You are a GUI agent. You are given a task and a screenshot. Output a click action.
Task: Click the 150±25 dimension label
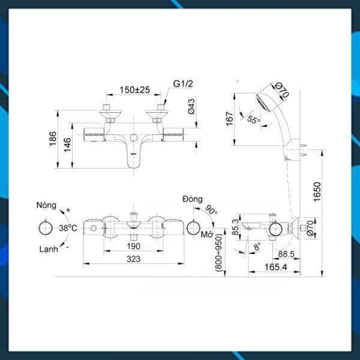click(134, 89)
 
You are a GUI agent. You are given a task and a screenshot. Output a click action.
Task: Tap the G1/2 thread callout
click(183, 84)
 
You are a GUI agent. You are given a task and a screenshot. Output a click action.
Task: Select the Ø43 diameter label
click(191, 106)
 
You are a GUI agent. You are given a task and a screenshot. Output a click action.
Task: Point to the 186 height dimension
click(53, 139)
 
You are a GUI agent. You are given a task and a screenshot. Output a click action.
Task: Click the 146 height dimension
click(67, 145)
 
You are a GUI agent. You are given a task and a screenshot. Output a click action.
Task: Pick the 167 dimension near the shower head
click(230, 119)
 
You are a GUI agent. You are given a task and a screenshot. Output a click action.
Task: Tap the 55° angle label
click(254, 119)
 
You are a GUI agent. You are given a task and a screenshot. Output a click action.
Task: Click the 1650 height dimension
click(317, 192)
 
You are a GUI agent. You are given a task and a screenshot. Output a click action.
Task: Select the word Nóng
click(46, 205)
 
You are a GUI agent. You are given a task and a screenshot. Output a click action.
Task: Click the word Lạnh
click(49, 250)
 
